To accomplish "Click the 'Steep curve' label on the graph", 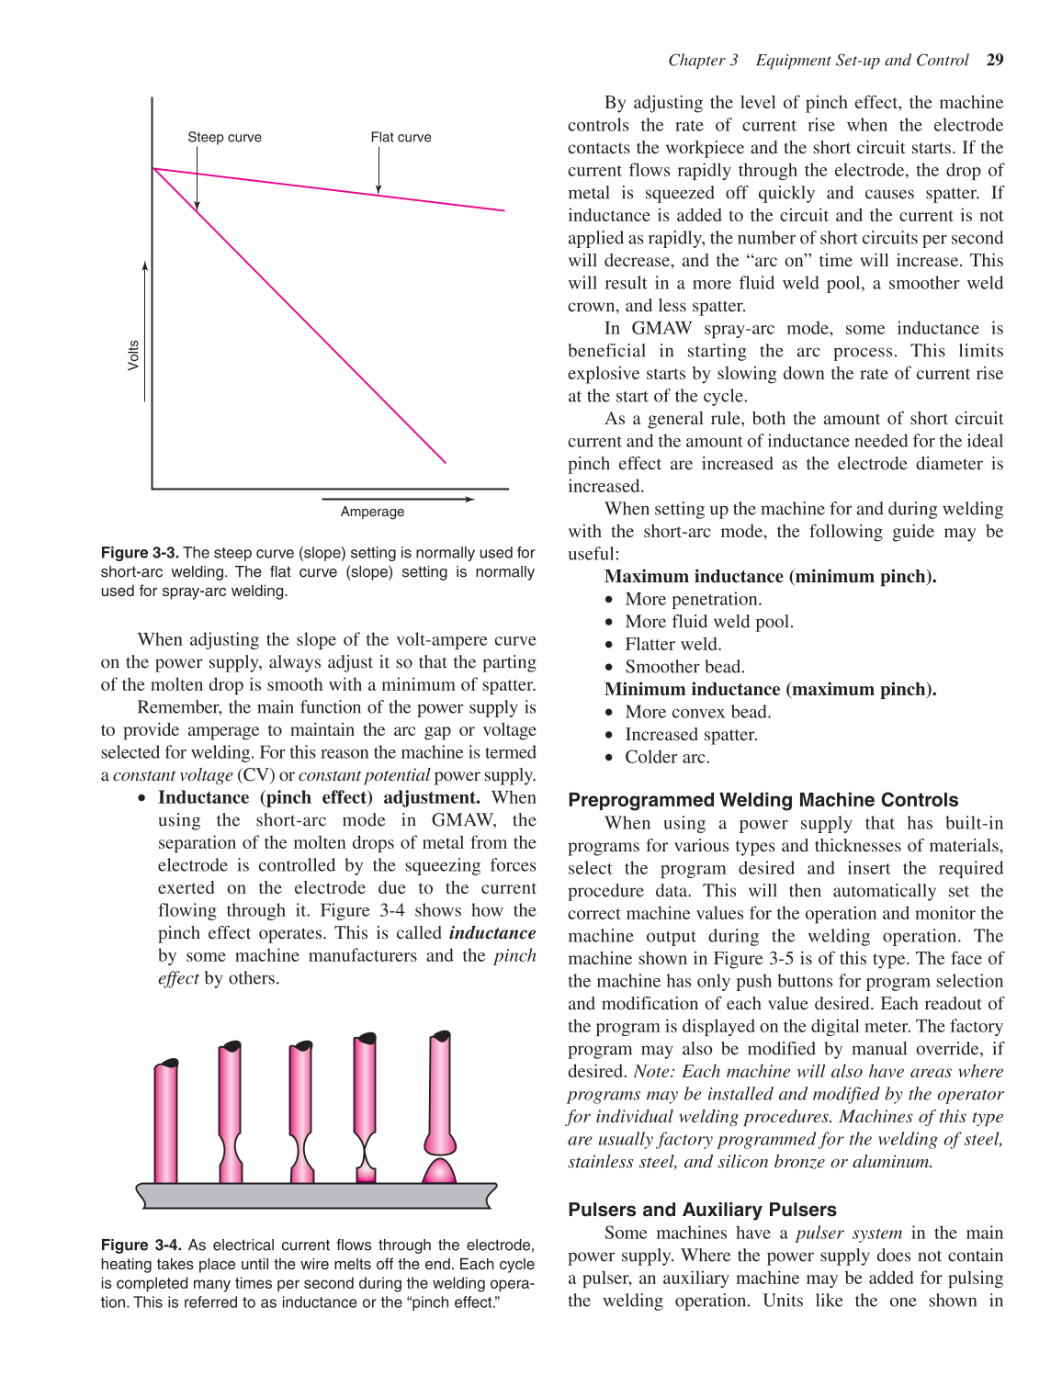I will (224, 137).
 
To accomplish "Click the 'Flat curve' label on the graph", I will (401, 137).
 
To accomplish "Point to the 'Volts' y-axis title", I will (133, 355).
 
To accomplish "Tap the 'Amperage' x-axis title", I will (372, 512).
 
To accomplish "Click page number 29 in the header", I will (994, 60).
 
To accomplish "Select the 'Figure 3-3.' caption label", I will (140, 553).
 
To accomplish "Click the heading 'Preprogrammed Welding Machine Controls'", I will (763, 800).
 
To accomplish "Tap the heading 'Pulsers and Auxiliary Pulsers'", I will (702, 1210).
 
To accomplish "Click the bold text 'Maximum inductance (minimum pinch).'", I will (770, 577).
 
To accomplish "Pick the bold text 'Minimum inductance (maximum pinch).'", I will (770, 690).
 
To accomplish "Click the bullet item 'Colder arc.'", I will (667, 758).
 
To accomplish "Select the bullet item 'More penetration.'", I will (693, 600).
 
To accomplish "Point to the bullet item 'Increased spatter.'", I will (691, 735).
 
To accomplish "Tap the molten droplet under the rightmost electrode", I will (439, 1172).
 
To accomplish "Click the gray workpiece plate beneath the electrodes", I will (316, 1195).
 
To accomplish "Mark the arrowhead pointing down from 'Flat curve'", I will (378, 189).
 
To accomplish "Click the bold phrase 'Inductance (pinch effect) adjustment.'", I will (319, 798).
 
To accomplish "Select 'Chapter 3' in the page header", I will (702, 60).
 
